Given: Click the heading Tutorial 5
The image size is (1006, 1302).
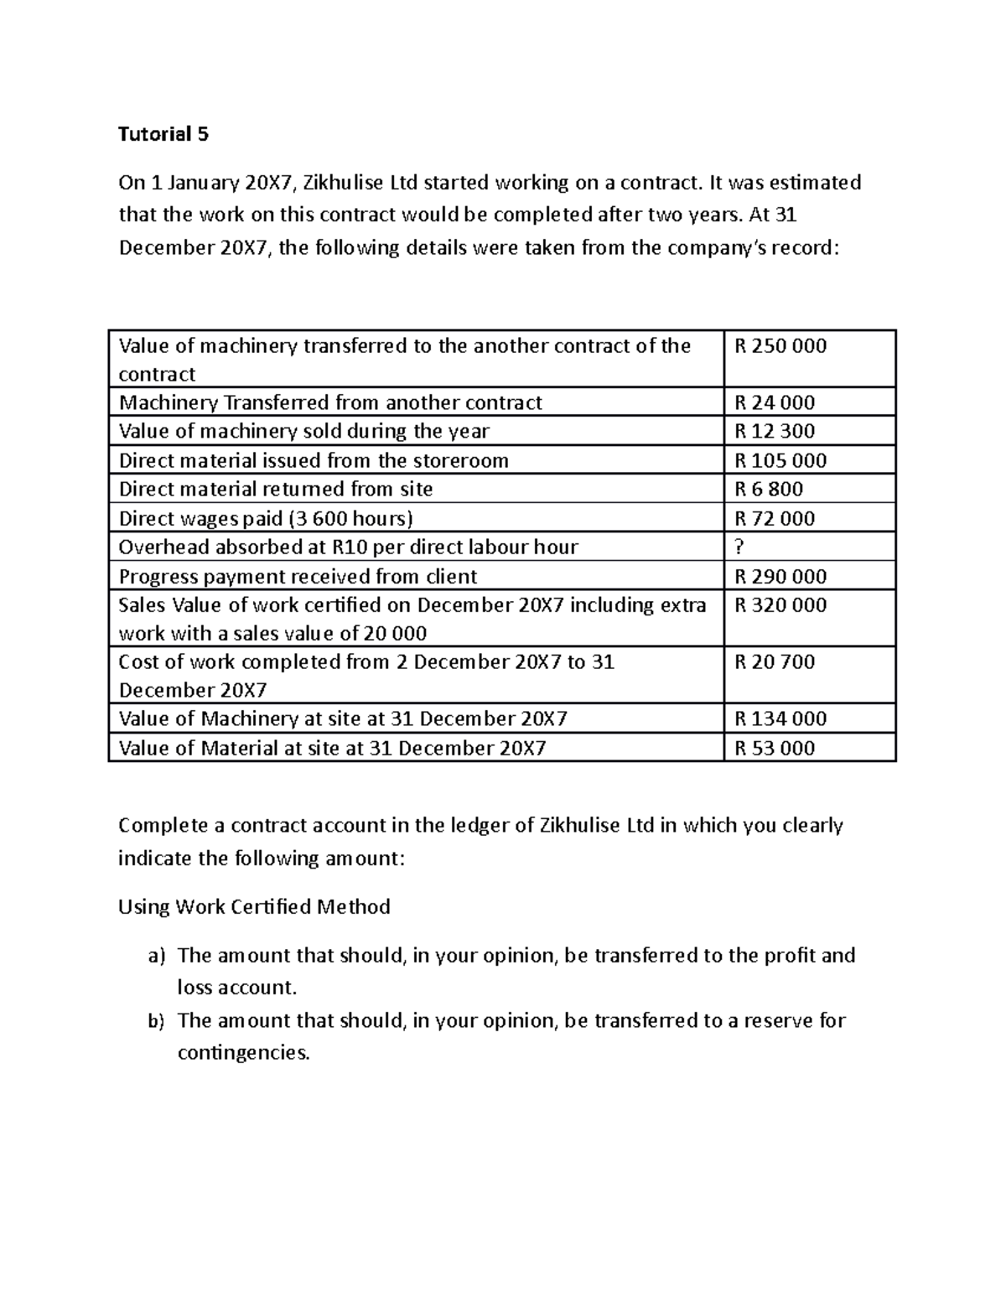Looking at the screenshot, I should [163, 134].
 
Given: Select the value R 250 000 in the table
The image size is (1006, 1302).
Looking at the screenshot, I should [780, 346].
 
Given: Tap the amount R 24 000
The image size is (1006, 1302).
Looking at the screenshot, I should [774, 402].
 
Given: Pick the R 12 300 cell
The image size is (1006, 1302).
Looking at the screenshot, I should [774, 431].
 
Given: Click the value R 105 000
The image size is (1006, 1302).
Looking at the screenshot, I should [780, 460].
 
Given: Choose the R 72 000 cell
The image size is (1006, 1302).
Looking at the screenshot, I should [774, 518].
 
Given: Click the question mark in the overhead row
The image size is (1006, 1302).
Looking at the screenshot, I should [739, 547].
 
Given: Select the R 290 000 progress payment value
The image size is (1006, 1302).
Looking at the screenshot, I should [780, 577].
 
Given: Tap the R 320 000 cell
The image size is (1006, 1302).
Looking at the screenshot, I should [780, 605].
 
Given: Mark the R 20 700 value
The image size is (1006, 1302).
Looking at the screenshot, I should [774, 662].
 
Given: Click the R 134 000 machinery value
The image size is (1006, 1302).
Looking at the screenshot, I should [780, 718].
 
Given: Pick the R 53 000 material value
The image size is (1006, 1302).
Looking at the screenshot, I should [774, 748].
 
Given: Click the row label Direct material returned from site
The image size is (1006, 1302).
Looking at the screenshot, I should [276, 489].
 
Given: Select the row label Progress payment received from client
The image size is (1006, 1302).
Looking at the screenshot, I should [298, 577].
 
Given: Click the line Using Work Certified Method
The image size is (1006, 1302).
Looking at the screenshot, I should [254, 907].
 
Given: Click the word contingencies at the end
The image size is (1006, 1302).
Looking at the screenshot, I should [243, 1053].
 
